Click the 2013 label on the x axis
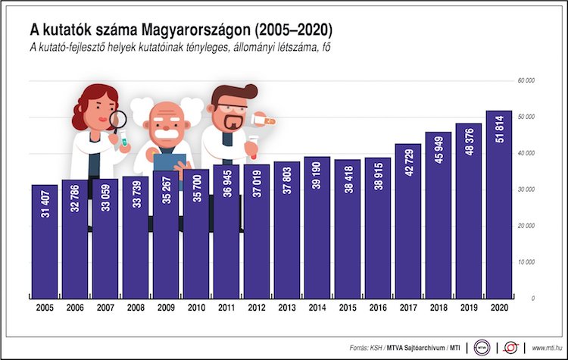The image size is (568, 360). pyautogui.click(x=287, y=308)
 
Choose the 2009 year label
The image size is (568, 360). pyautogui.click(x=166, y=308)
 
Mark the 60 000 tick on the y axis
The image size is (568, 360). pyautogui.click(x=526, y=80)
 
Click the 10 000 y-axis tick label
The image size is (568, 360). pyautogui.click(x=526, y=262)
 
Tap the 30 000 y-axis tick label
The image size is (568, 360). pyautogui.click(x=526, y=189)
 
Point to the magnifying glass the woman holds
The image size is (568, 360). pyautogui.click(x=119, y=120)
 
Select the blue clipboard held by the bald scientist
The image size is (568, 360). pyautogui.click(x=169, y=161)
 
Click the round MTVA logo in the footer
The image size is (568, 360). pyautogui.click(x=482, y=346)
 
